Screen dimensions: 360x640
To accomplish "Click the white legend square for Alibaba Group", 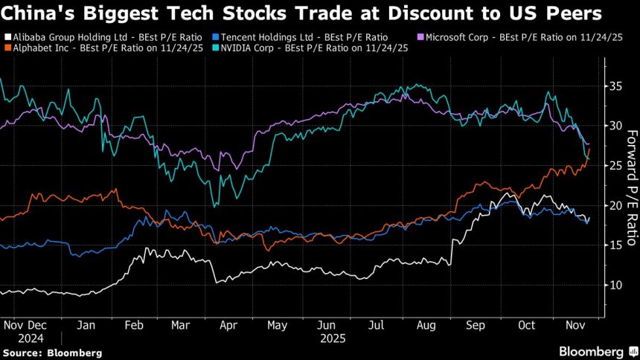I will [x=7, y=36].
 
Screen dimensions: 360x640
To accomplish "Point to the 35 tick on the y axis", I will [x=615, y=86].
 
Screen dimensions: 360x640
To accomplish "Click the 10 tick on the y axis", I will [x=615, y=285].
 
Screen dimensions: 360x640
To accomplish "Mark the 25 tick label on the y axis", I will [x=615, y=166].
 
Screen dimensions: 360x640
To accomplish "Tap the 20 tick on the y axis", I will [x=615, y=205].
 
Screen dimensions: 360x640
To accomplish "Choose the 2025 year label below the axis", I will [x=333, y=338].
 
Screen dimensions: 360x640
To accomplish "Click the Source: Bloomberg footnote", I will [x=51, y=352].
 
